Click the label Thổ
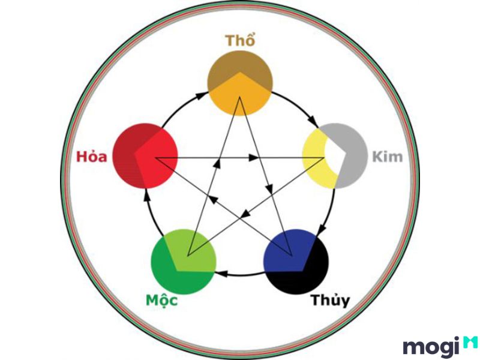pyautogui.click(x=239, y=41)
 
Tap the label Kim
pyautogui.click(x=387, y=157)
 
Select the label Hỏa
pyautogui.click(x=92, y=157)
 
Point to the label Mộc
pyautogui.click(x=161, y=301)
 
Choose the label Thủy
pyautogui.click(x=329, y=301)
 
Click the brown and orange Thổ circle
pyautogui.click(x=239, y=83)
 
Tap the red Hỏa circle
pyautogui.click(x=145, y=155)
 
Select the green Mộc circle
pyautogui.click(x=184, y=262)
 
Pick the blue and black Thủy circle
pyautogui.click(x=296, y=262)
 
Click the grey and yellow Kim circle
pyautogui.click(x=334, y=155)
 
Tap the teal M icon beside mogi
pyautogui.click(x=470, y=342)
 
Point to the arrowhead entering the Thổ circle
pyautogui.click(x=201, y=95)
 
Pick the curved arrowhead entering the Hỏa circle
pyautogui.click(x=147, y=194)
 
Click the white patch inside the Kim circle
pyautogui.click(x=335, y=156)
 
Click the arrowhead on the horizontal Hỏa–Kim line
pyautogui.click(x=254, y=158)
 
